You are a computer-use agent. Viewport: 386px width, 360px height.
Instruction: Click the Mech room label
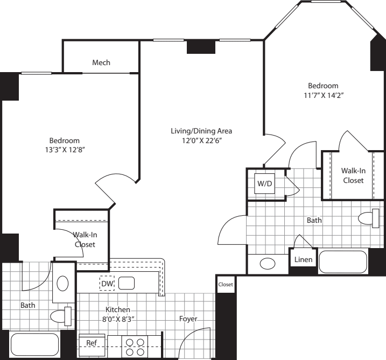pos(101,62)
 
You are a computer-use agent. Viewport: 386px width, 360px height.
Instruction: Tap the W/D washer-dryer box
pos(265,183)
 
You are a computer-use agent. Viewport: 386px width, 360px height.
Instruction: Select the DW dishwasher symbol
pos(107,284)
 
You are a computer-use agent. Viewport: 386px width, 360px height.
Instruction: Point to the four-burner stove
pos(135,347)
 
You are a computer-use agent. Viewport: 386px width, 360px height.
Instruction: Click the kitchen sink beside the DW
pos(127,283)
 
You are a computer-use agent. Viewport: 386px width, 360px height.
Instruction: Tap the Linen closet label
pos(303,259)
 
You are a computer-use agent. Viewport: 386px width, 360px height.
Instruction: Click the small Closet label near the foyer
pos(226,285)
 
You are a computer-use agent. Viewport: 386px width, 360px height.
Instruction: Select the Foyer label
pos(188,319)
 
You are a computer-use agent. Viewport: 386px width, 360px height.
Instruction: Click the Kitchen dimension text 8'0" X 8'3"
pos(118,320)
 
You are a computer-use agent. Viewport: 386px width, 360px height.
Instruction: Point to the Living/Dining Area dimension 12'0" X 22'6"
pos(202,141)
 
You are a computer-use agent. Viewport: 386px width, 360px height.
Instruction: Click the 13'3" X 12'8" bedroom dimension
pos(65,150)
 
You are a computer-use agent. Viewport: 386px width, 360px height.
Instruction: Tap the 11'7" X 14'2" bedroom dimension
pos(324,95)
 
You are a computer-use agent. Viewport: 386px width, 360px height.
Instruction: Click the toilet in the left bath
pos(61,316)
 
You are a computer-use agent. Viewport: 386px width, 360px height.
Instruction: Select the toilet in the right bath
pos(369,218)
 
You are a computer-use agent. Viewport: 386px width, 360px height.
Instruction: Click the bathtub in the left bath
pos(34,344)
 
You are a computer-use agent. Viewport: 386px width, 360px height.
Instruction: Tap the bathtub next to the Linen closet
pos(343,262)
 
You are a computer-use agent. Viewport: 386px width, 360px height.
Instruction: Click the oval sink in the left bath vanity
pos(62,284)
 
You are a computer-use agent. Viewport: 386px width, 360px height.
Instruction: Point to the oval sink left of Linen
pos(268,264)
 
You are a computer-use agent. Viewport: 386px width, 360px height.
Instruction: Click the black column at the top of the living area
pos(201,47)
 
